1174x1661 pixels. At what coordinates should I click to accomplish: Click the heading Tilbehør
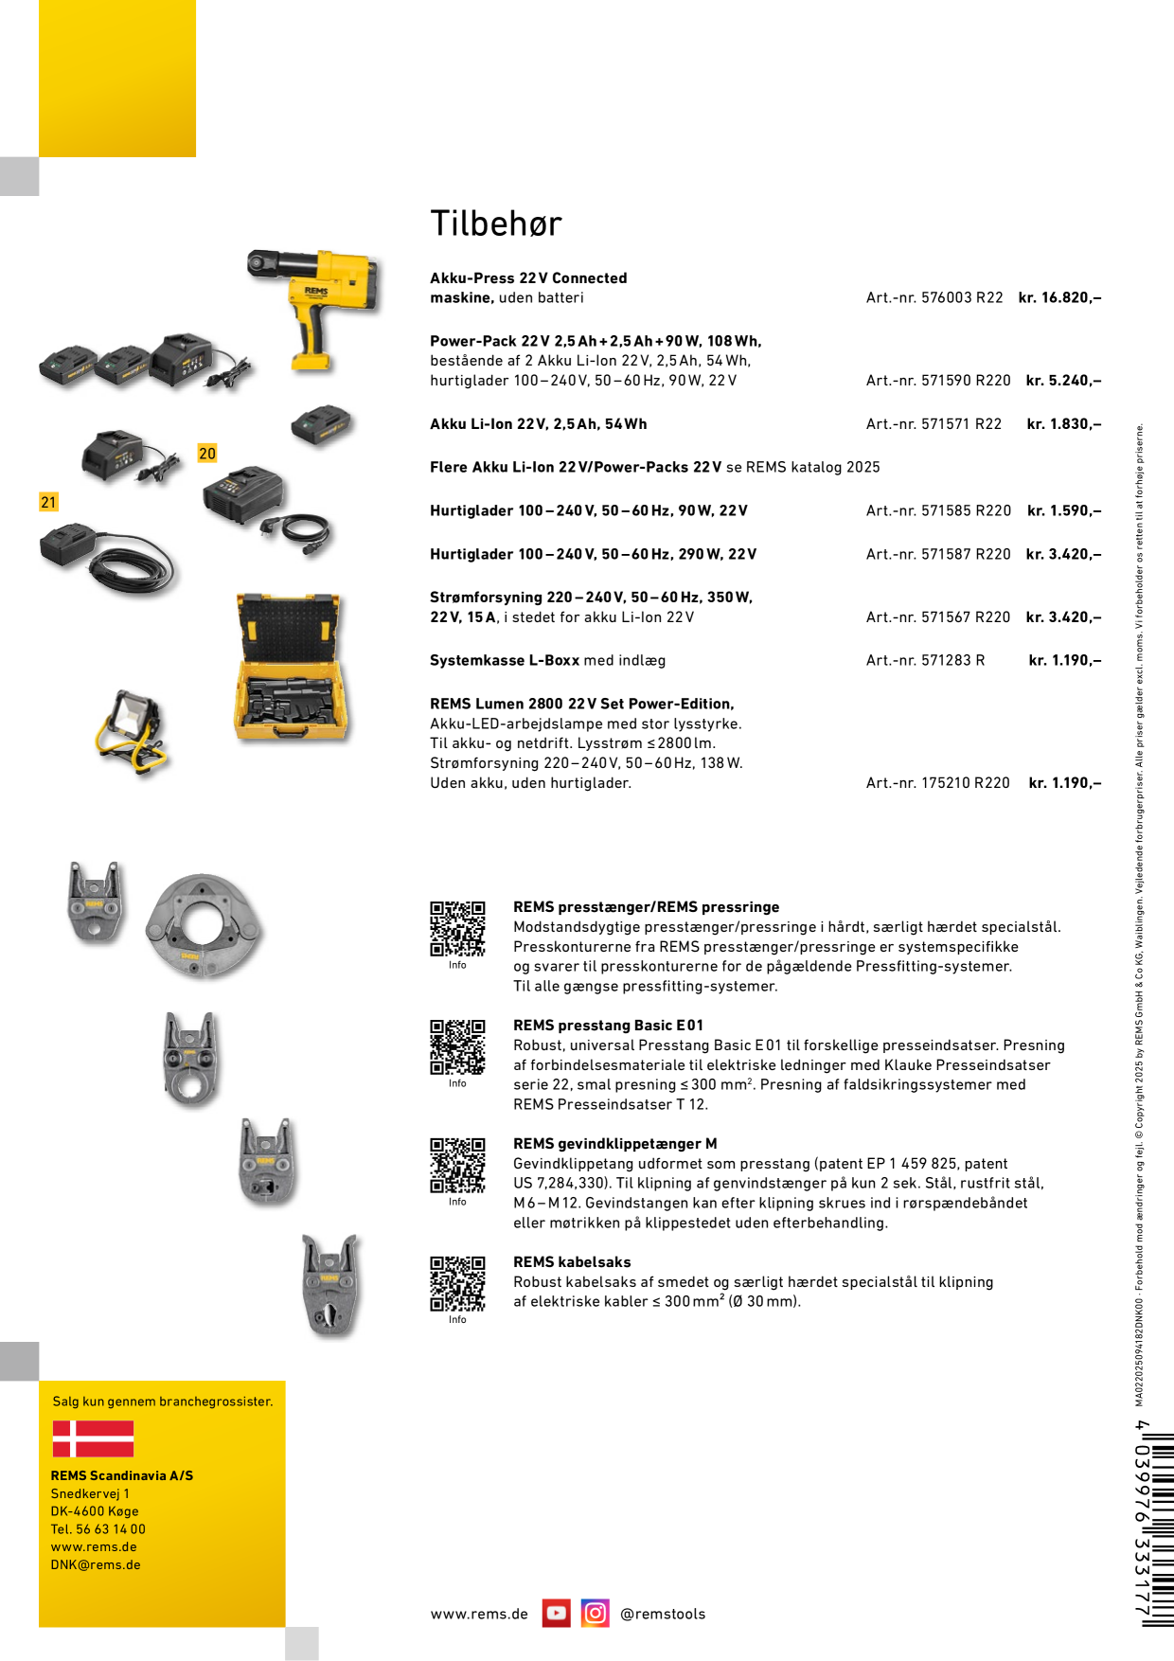tap(496, 223)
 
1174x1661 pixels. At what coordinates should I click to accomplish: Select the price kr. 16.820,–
tap(1059, 297)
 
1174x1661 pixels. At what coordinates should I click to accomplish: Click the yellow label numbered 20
tap(207, 454)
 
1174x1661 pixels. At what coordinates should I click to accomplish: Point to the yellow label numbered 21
tap(48, 502)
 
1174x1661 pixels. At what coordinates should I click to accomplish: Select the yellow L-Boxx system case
tap(291, 667)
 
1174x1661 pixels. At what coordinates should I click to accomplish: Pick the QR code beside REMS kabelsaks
tap(457, 1283)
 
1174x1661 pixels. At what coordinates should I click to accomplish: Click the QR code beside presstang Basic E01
tap(457, 1046)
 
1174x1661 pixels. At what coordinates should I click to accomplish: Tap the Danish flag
tap(93, 1438)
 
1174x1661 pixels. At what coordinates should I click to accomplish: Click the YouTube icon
tap(557, 1613)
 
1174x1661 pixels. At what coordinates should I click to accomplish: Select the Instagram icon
tap(596, 1613)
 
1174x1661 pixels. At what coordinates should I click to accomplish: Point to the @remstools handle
tap(663, 1614)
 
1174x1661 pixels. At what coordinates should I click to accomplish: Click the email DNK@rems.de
tap(96, 1564)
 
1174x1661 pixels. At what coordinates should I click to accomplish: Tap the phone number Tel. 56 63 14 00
tap(98, 1528)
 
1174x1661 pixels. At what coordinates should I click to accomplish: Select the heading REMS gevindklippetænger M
tap(615, 1143)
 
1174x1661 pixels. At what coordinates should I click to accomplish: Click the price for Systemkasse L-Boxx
tap(1065, 660)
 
